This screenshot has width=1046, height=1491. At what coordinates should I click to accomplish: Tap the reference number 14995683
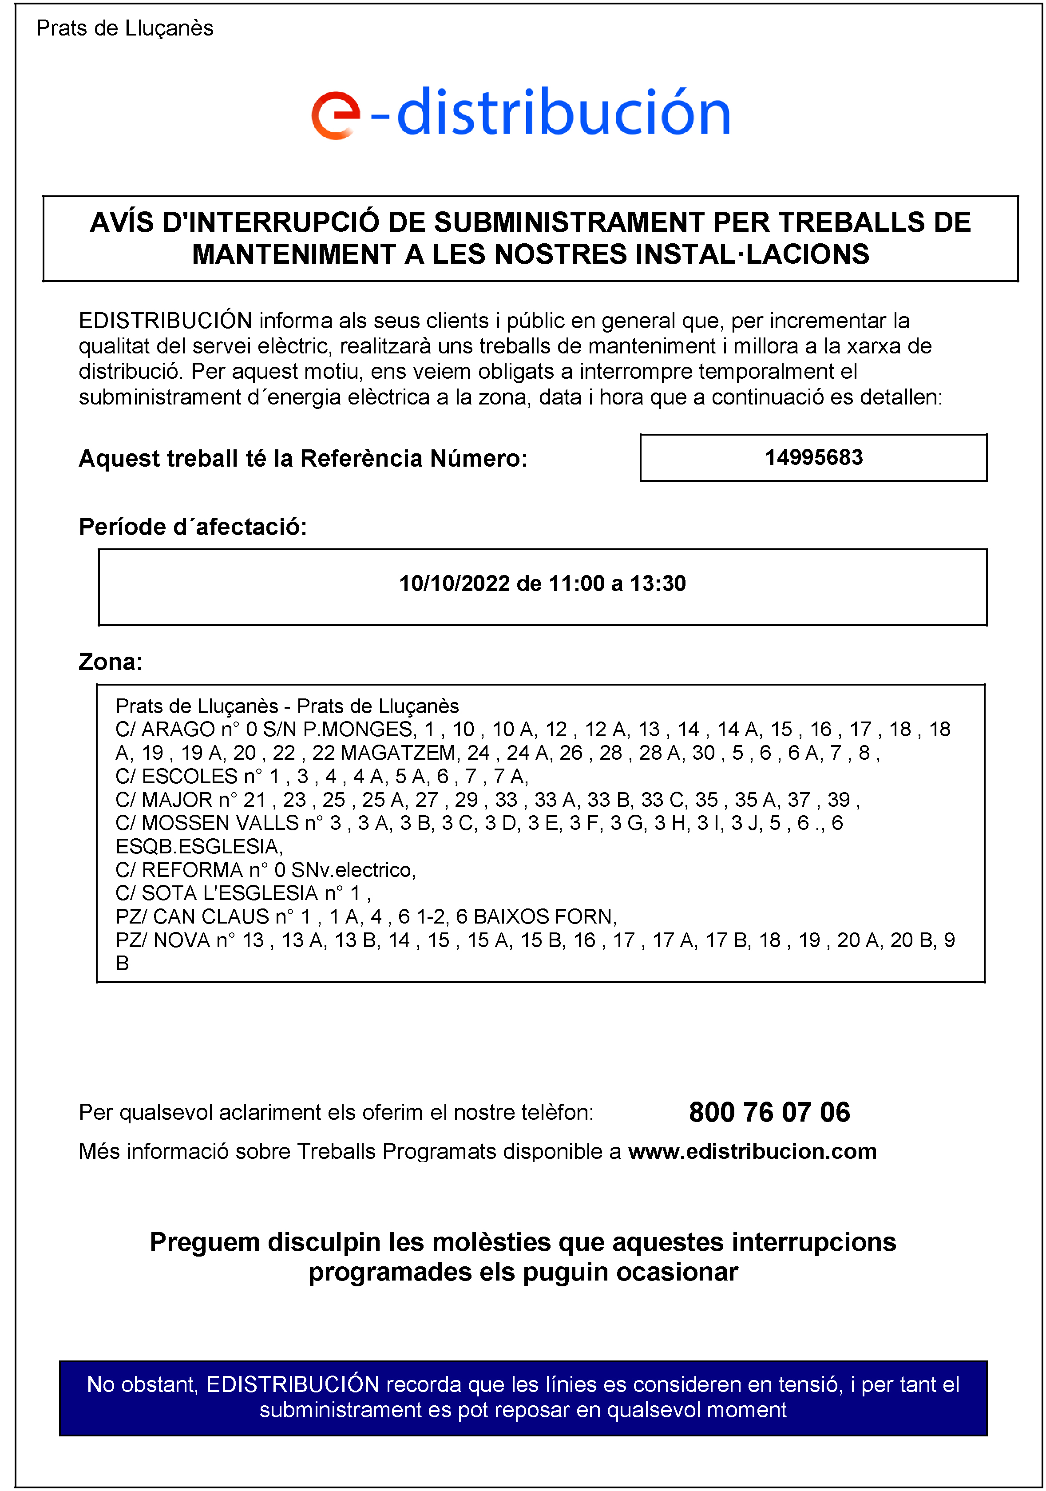pos(813,458)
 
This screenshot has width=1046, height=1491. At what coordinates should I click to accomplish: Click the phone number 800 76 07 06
pos(769,1112)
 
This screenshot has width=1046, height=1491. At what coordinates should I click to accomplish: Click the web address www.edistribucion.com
pos(752,1151)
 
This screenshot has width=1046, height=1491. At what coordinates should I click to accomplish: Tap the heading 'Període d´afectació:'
pos(193,527)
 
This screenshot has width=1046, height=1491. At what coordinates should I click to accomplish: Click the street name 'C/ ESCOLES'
pos(176,777)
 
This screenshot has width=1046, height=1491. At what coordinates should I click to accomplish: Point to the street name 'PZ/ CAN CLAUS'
pos(191,917)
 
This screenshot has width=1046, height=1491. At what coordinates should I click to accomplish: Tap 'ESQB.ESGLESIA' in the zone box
pos(198,847)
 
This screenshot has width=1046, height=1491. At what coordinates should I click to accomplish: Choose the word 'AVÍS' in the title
pos(121,223)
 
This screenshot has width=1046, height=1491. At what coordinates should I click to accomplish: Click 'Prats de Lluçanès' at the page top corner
pos(125,28)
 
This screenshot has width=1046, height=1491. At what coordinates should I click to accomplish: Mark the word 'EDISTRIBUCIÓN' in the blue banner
pos(293,1384)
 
